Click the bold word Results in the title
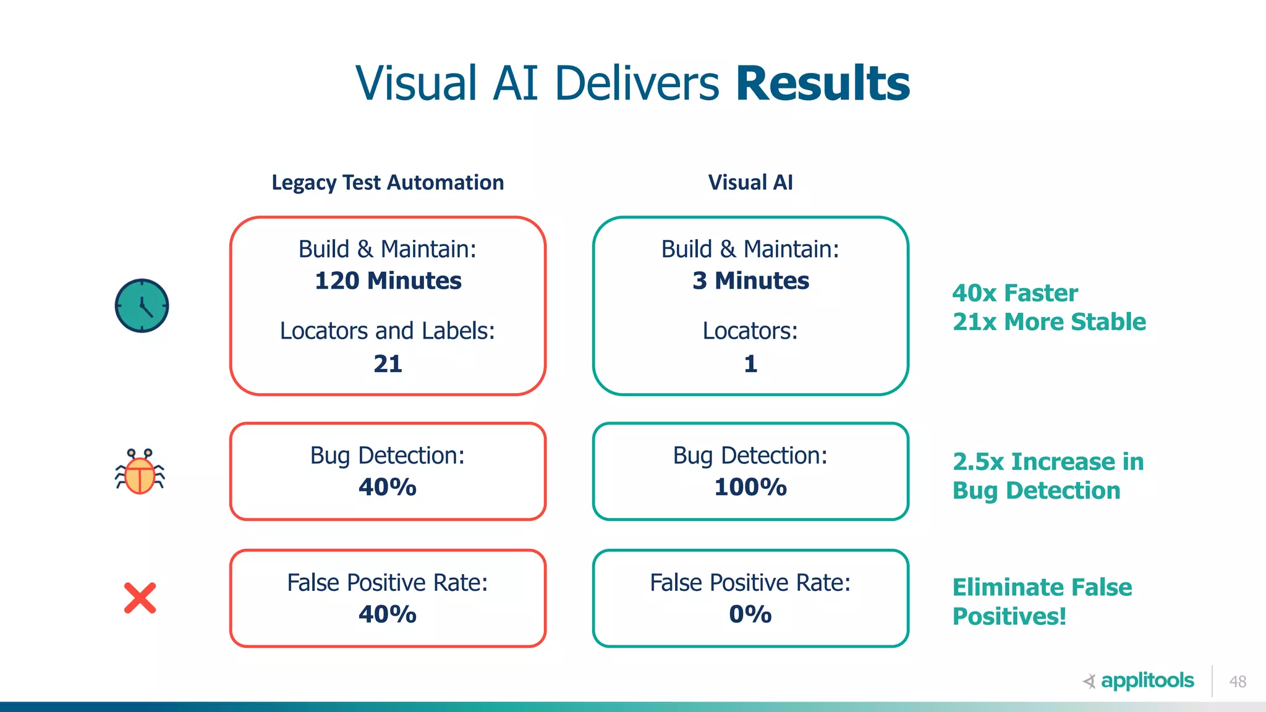click(822, 83)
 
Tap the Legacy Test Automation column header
click(388, 182)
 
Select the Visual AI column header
click(750, 182)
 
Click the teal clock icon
click(142, 306)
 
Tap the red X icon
click(140, 598)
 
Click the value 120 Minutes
click(388, 281)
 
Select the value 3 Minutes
click(750, 281)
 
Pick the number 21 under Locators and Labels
click(388, 363)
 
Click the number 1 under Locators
click(750, 363)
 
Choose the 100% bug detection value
click(750, 487)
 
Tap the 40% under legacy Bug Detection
click(388, 487)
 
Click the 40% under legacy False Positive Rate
click(388, 614)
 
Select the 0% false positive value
click(750, 614)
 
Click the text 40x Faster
click(1015, 293)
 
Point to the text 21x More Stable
click(1049, 322)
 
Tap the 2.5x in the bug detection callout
click(978, 462)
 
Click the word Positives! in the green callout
click(1009, 616)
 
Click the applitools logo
click(1139, 680)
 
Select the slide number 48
click(1238, 682)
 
